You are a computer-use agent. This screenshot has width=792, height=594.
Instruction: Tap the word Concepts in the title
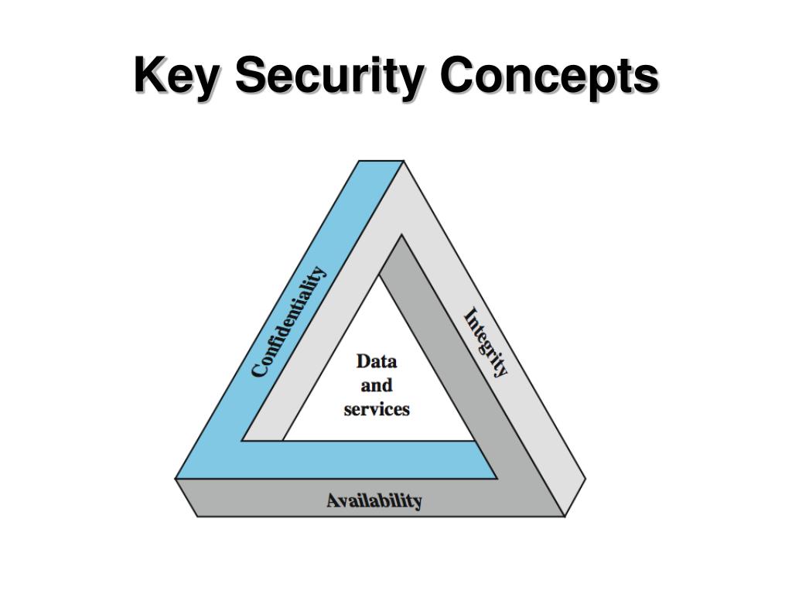coord(549,77)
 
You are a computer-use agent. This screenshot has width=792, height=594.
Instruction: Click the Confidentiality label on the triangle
coord(289,321)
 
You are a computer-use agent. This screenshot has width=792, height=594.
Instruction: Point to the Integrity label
coord(486,343)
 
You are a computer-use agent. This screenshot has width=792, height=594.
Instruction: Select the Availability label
coord(374,500)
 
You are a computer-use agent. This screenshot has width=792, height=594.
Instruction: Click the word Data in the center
coord(377,361)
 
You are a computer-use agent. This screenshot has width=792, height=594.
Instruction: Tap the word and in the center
coord(377,385)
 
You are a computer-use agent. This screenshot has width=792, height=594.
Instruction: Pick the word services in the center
coord(377,409)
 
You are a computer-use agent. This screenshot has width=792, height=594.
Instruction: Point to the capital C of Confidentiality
coord(260,369)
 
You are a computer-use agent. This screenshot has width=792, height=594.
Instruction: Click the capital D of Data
coord(362,361)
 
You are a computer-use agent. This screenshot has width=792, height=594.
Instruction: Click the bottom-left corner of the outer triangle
coord(176,479)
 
